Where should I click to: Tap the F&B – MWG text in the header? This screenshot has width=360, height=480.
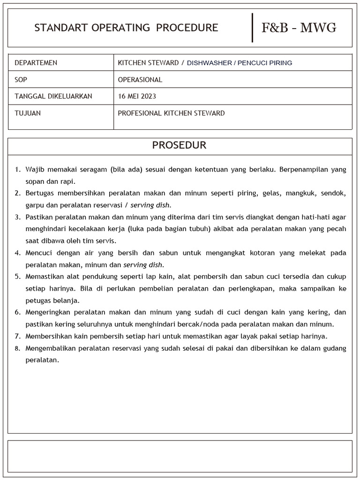tap(299, 28)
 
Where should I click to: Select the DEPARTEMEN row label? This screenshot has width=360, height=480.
tap(36, 63)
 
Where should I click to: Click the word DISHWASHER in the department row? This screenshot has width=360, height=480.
tap(209, 63)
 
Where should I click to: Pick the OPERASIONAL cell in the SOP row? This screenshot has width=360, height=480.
tap(140, 80)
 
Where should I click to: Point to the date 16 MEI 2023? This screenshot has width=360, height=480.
tap(137, 97)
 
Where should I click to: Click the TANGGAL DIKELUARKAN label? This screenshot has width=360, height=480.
tap(53, 97)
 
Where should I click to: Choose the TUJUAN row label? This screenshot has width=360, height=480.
tap(28, 113)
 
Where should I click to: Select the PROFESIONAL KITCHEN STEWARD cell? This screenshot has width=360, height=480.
tap(171, 113)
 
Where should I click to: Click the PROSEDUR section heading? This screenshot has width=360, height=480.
tap(179, 145)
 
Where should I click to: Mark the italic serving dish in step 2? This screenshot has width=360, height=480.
tap(150, 205)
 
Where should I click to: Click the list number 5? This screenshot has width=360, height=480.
tap(17, 277)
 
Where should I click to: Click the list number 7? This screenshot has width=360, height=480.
tap(17, 337)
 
